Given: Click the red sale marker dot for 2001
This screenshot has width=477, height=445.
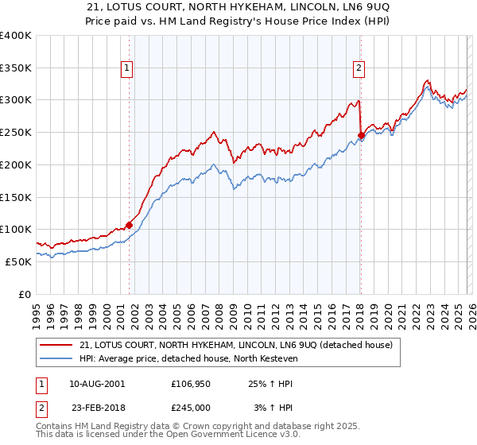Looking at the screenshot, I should coord(129,225).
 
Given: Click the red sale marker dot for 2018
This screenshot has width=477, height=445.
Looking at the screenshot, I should coord(361,136).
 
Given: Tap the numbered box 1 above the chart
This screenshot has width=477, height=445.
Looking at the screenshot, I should coord(128,69).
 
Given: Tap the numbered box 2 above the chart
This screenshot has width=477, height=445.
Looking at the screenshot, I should coord(359,69).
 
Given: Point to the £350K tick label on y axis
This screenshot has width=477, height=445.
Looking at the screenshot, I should coord(16,68).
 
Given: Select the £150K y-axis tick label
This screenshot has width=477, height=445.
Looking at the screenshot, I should coord(16,197).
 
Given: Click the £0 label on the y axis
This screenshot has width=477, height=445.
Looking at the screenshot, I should coord(25,294).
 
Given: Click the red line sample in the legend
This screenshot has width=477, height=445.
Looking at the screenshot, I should coord(56,345).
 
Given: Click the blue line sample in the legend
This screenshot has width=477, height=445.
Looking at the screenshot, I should coord(56,358).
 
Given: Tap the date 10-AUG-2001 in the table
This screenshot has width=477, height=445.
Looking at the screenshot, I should coord(96,383).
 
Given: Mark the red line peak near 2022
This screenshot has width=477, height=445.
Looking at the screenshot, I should coord(428,80).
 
